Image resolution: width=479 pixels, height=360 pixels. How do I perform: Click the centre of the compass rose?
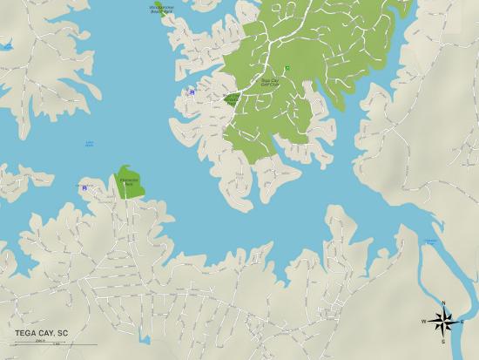pos(443,322)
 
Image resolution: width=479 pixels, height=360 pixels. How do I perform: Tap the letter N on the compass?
pos(443,302)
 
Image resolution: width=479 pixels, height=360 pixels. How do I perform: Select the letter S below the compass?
pos(443,342)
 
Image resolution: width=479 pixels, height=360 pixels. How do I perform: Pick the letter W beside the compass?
pos(424,322)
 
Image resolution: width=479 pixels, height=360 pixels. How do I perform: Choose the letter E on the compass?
pos(462,322)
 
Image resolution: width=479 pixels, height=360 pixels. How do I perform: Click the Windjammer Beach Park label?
pos(162,9)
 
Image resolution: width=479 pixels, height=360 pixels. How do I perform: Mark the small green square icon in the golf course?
pos(287,68)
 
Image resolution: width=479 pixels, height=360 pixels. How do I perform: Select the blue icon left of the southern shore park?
pos(84,187)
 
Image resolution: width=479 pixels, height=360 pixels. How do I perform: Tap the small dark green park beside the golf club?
pos(231,99)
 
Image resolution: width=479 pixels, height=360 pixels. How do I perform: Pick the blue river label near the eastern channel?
pos(430,241)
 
